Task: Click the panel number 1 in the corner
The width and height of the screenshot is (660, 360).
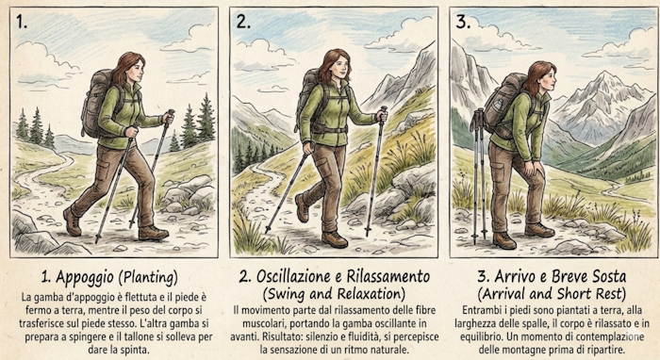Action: [21, 22]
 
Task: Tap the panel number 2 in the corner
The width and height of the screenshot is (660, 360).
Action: [243, 22]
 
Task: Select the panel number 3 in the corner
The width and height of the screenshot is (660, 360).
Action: [464, 22]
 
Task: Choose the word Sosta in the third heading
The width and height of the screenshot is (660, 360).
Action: [609, 277]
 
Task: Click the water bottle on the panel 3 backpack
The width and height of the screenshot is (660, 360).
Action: [499, 106]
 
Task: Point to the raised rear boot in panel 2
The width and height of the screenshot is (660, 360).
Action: [302, 207]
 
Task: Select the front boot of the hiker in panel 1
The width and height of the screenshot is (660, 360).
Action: [154, 233]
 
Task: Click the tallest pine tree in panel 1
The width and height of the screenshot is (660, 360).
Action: [206, 118]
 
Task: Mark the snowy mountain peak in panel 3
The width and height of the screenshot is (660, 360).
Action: [605, 80]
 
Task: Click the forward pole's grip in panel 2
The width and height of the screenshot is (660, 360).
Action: [383, 114]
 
